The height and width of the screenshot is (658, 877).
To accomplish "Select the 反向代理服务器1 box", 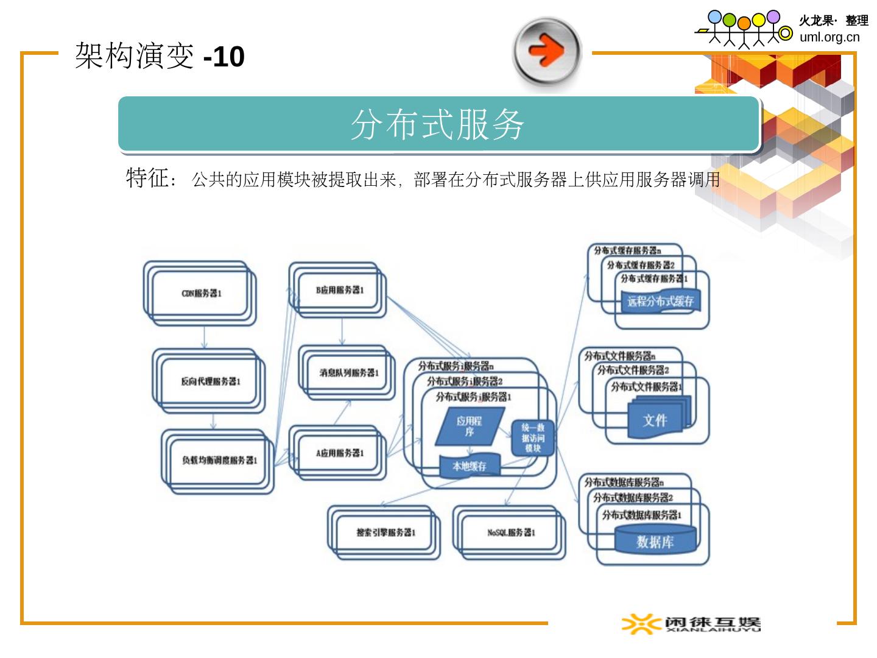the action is (210, 381).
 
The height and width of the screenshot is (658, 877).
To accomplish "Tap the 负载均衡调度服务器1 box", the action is (219, 461).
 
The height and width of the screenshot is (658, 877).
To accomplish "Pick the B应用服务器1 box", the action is (339, 290).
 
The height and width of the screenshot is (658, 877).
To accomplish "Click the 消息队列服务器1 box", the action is (348, 372).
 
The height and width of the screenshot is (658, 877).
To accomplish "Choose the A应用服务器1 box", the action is (339, 453).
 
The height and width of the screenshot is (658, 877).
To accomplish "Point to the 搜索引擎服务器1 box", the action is (386, 532).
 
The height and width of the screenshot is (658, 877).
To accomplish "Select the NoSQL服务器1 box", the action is (511, 532).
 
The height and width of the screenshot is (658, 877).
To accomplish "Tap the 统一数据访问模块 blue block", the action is (533, 438).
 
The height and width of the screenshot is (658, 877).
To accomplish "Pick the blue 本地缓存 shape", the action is (470, 467).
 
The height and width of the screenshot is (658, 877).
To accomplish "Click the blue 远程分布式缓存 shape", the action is (660, 301).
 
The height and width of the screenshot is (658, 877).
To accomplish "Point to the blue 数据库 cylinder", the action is (655, 542).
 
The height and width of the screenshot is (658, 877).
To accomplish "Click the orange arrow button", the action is (547, 51).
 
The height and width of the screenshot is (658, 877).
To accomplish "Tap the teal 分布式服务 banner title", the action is (438, 125).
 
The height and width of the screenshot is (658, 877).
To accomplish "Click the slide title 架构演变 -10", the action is (160, 57).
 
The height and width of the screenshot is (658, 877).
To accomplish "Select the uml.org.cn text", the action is (829, 37).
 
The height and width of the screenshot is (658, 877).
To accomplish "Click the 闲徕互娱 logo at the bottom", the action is (691, 624).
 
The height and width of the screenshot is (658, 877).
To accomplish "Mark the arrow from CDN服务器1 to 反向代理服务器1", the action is (204, 337).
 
